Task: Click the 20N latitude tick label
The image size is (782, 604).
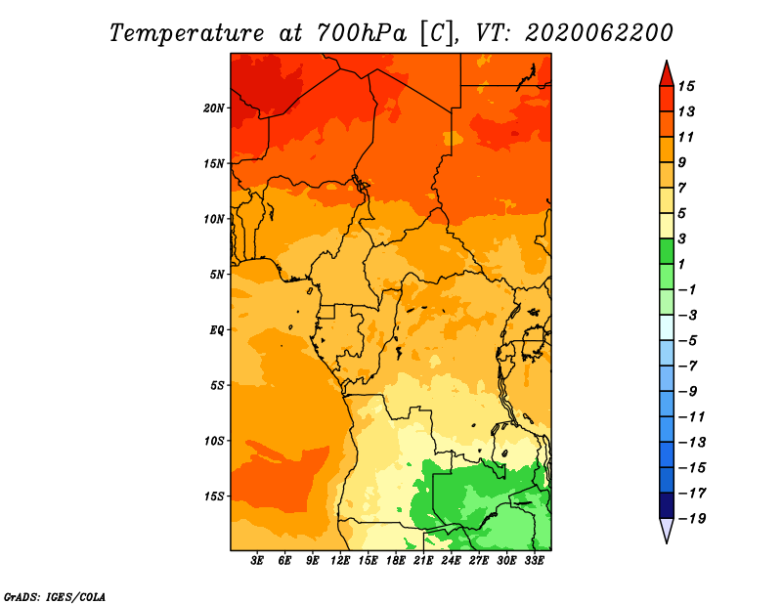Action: point(214,108)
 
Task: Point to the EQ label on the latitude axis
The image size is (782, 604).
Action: point(216,330)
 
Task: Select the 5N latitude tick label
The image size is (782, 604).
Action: point(217,275)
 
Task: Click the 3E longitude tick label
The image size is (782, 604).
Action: point(257,561)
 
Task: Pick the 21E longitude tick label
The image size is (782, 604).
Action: point(423,561)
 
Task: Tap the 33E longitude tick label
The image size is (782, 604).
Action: point(534,561)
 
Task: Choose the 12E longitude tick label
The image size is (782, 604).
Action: point(340,561)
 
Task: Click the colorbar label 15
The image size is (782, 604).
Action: point(686,86)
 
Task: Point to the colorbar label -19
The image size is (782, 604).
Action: point(692,519)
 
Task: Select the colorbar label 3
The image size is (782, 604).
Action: point(682,238)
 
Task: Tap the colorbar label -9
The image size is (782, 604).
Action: point(688,392)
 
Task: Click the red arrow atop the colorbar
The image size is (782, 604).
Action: point(667,74)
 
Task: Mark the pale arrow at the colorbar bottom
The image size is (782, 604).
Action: point(667,531)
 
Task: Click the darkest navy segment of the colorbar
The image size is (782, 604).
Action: point(667,505)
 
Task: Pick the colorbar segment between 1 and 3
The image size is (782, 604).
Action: point(667,251)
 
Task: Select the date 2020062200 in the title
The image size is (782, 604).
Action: point(599,33)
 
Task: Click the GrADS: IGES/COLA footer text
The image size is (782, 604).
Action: point(55,597)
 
